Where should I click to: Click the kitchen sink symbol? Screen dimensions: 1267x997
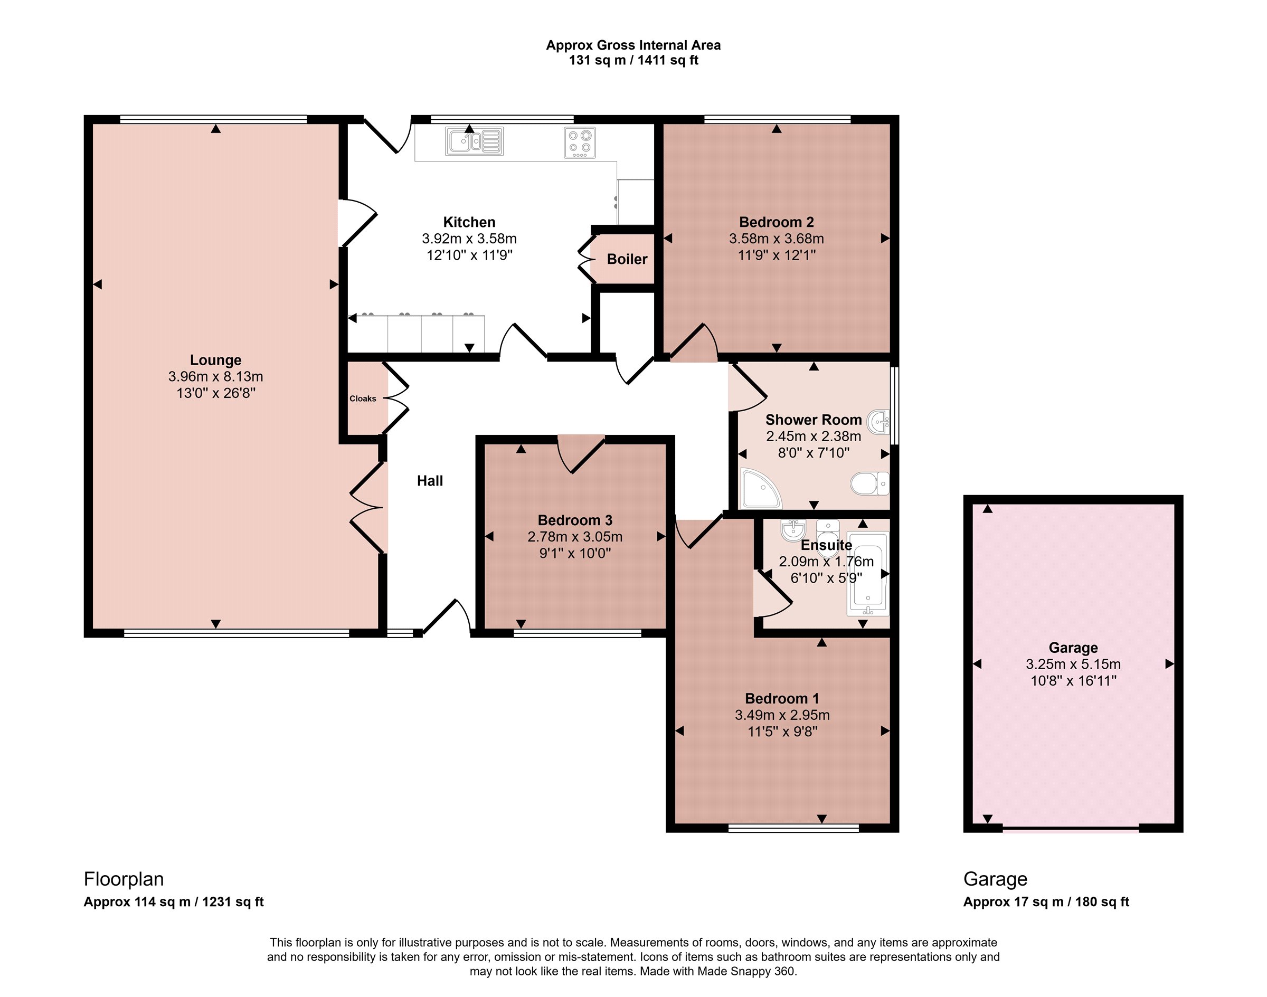(474, 141)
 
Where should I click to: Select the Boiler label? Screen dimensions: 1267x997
(627, 259)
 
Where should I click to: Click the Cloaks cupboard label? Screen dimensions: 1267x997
(363, 398)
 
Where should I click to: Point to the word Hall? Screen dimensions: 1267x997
(430, 481)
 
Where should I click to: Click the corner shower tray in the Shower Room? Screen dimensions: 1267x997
(761, 488)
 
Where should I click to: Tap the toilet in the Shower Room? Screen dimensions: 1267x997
(870, 483)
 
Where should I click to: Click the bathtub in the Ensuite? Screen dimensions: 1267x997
(868, 573)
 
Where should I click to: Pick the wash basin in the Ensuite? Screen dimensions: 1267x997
(793, 530)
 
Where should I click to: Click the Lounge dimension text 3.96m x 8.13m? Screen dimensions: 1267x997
(215, 376)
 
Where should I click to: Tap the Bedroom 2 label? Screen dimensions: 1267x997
(776, 222)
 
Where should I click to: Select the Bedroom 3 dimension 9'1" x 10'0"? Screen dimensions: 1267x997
(575, 553)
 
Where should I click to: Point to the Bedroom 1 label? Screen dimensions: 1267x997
(782, 699)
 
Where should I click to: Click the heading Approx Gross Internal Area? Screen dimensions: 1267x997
(633, 45)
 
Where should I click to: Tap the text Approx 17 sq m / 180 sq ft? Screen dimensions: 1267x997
(1046, 902)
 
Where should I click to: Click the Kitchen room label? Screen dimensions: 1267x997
(469, 222)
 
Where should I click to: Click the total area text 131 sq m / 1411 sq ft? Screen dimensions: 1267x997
(633, 61)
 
